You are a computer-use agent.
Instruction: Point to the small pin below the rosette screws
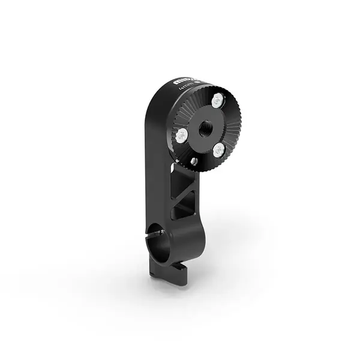[x=194, y=161]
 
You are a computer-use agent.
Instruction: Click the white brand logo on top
[x=182, y=82]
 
